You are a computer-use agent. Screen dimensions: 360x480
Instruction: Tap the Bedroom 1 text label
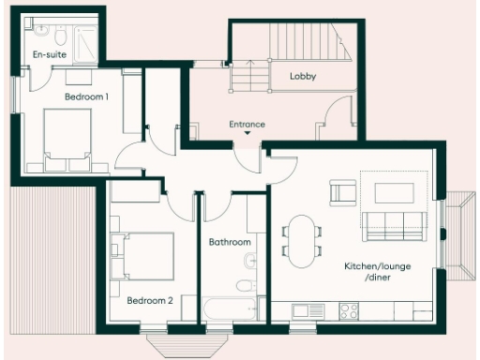(86, 97)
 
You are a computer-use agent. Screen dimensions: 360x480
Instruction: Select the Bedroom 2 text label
(150, 300)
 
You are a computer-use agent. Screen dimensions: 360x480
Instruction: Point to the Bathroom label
(230, 242)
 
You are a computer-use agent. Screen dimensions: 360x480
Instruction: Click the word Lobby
(303, 76)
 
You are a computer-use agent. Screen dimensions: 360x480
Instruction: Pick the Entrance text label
(247, 124)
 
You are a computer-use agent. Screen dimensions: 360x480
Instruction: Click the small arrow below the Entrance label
(247, 134)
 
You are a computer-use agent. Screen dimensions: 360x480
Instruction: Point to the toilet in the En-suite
(58, 37)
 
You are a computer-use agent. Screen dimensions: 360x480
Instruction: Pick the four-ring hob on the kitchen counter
(350, 310)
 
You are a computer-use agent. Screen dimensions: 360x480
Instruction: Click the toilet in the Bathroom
(246, 286)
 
